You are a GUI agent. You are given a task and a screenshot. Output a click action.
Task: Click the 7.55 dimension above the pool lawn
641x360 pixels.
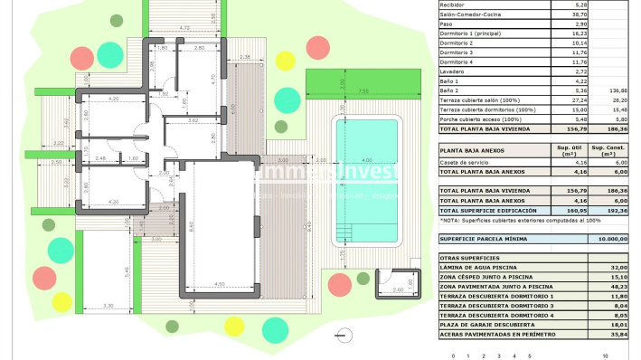tap(362, 90)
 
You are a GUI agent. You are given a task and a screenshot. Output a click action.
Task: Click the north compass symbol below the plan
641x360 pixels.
tap(342, 336)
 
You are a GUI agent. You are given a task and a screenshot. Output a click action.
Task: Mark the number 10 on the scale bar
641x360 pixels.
tap(617, 355)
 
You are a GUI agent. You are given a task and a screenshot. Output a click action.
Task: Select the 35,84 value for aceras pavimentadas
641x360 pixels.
tap(617, 334)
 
